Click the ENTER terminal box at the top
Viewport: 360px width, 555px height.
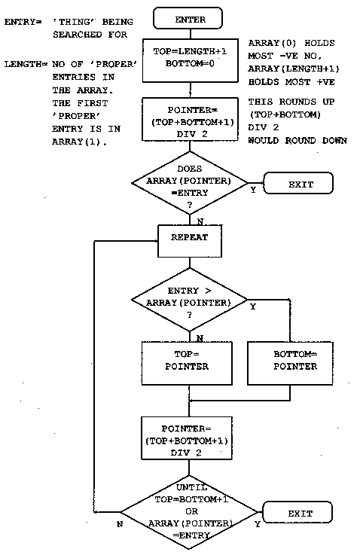189,17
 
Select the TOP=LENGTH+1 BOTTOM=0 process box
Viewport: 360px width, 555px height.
189,58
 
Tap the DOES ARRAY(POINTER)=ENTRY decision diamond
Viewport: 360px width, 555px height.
189,183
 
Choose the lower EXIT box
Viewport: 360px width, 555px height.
299,514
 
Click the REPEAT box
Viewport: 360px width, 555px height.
189,236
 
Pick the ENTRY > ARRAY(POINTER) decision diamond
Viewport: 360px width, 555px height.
189,300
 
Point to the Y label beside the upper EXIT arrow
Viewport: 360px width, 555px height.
253,190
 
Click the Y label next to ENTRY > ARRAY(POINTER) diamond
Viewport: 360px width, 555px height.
252,306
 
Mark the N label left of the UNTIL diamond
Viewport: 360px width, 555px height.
120,522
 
